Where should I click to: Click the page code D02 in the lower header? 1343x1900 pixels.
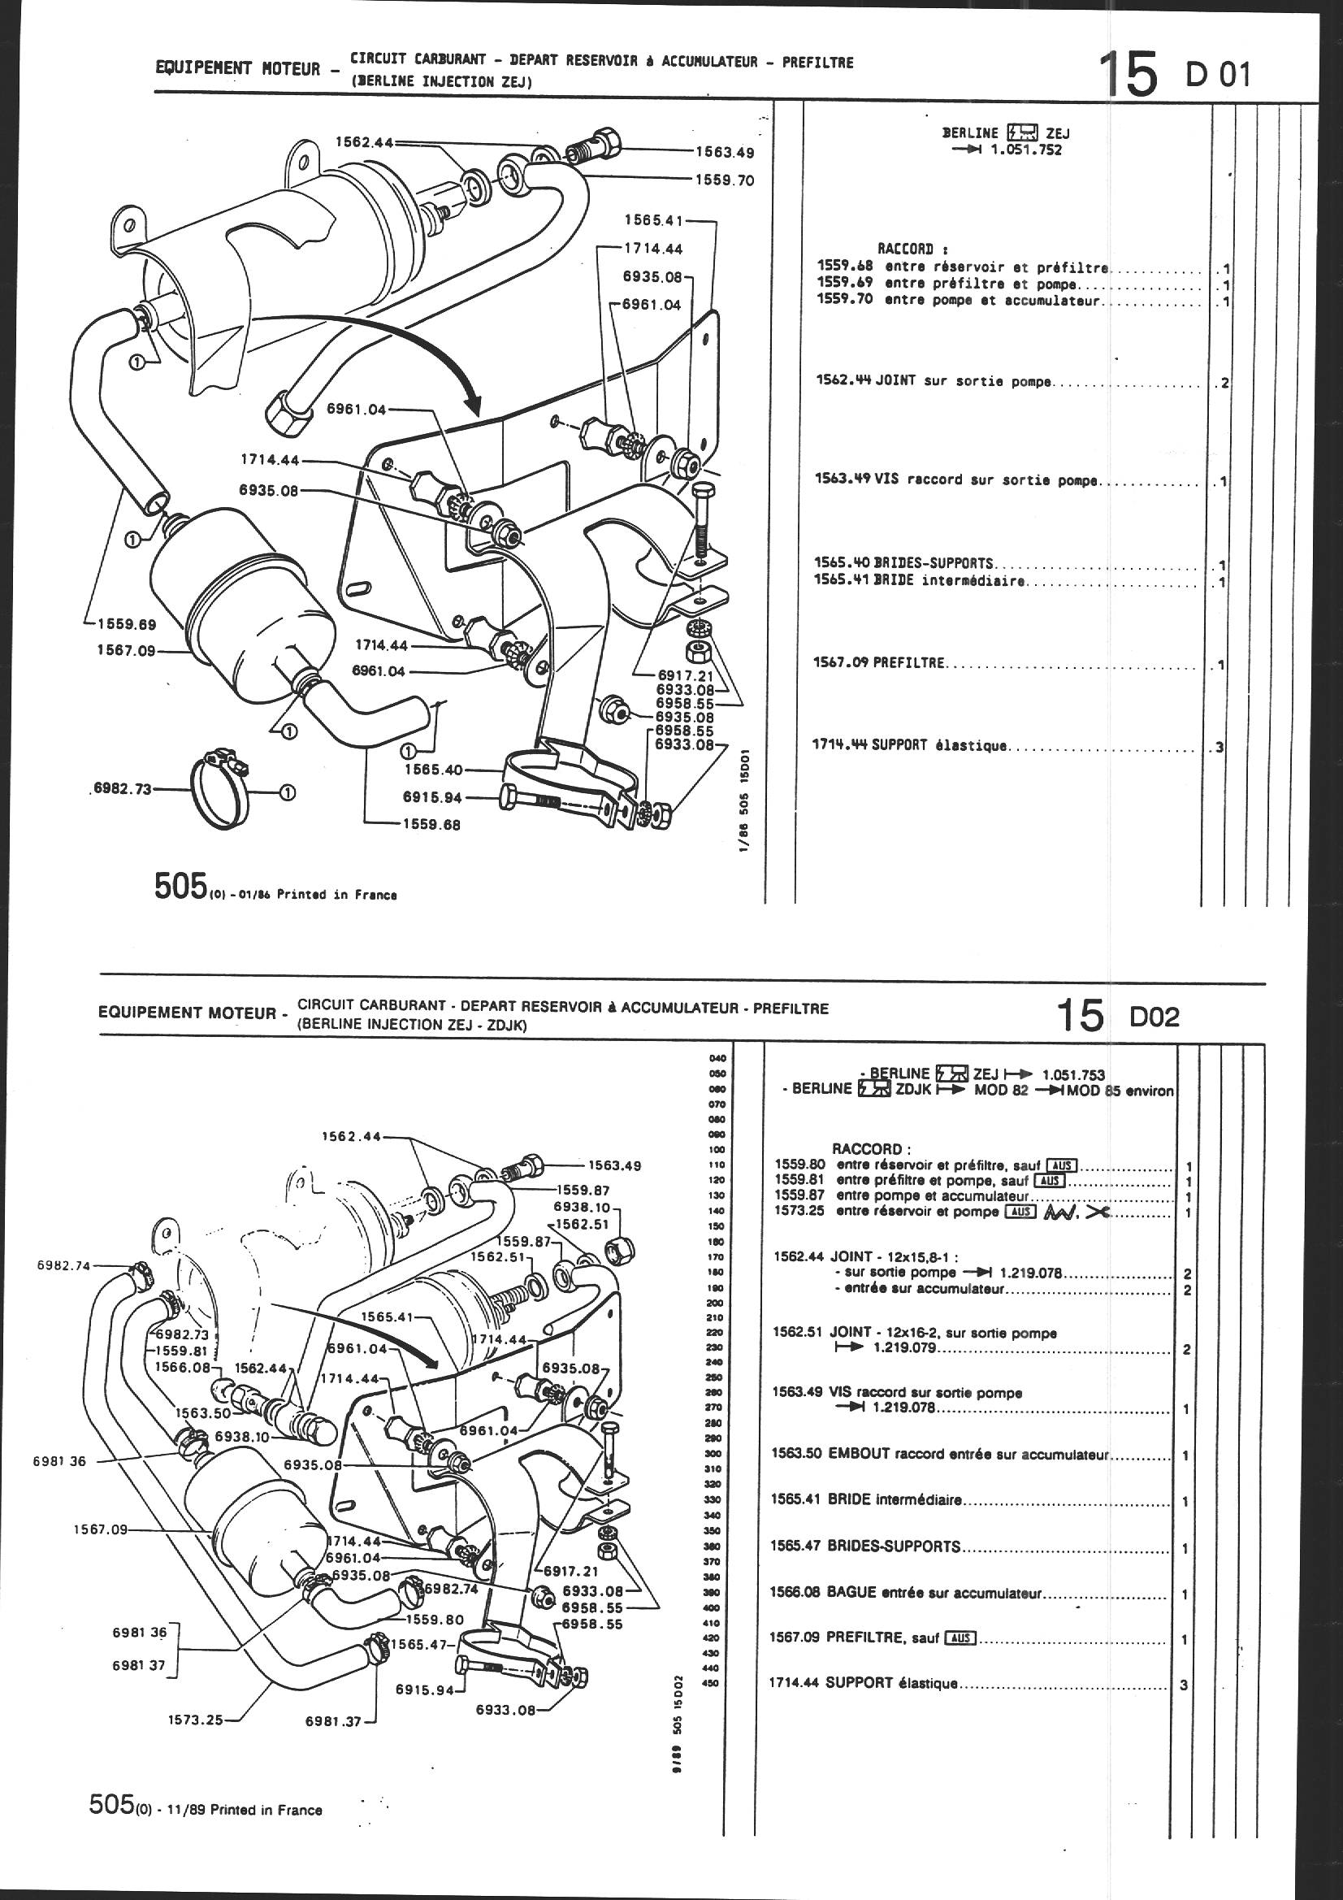click(x=1155, y=1017)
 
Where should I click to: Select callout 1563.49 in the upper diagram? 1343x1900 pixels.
click(x=724, y=152)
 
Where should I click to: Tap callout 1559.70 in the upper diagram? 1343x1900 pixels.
click(x=724, y=180)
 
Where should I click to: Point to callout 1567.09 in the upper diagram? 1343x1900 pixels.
click(x=126, y=650)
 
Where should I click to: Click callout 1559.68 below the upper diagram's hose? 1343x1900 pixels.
click(x=432, y=825)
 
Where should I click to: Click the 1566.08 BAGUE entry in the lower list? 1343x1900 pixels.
click(x=906, y=1593)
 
